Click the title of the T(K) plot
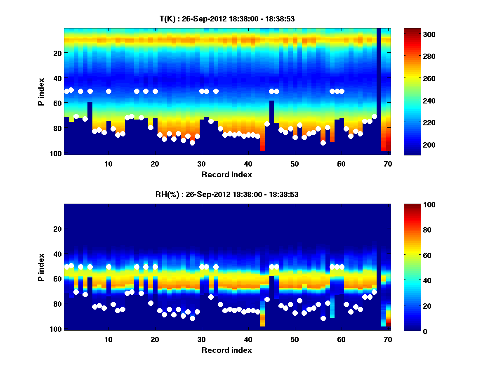tap(227, 19)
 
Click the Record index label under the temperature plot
tap(227, 175)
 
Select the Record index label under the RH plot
tap(227, 350)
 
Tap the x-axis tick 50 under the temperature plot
tap(295, 164)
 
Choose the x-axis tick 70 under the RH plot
tap(388, 339)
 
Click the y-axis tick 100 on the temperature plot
tap(57, 153)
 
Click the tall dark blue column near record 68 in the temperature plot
tap(379, 91)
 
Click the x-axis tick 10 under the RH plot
tap(108, 339)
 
